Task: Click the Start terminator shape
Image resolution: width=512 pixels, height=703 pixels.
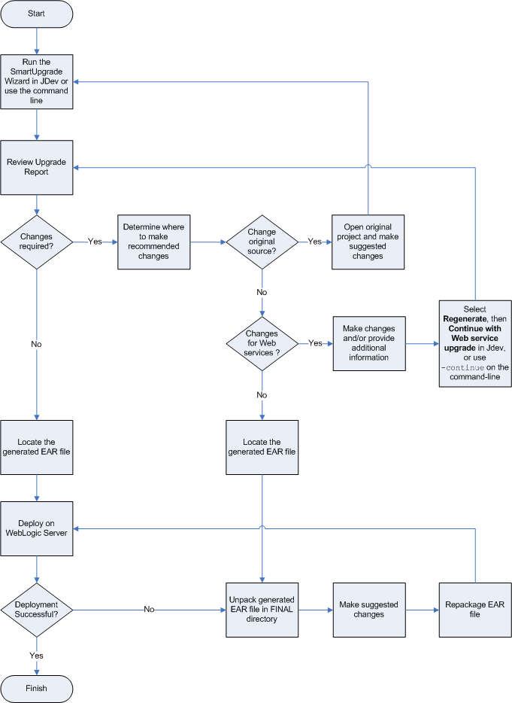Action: (37, 14)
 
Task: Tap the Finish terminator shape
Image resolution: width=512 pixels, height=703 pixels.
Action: (37, 688)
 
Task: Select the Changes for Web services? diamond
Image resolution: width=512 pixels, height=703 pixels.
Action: (262, 343)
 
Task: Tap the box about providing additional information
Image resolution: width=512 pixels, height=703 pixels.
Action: (369, 343)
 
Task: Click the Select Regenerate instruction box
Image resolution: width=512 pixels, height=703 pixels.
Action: (475, 343)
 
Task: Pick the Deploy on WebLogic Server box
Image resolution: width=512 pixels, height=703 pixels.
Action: (37, 528)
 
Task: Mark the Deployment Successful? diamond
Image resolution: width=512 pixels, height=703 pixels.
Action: (37, 609)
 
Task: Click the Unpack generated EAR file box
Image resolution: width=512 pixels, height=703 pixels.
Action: (262, 609)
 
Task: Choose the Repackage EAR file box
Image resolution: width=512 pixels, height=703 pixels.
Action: (475, 609)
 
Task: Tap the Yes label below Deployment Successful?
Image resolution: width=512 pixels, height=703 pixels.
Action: (37, 655)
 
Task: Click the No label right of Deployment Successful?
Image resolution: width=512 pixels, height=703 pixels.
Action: (150, 609)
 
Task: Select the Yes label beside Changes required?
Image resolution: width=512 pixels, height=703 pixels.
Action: (95, 242)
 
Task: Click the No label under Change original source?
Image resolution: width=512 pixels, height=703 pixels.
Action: (262, 292)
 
